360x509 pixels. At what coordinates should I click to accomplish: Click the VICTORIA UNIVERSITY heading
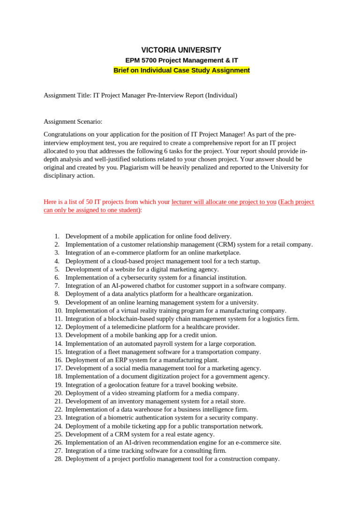tap(181, 50)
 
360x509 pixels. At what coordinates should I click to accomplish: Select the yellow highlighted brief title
tap(181, 70)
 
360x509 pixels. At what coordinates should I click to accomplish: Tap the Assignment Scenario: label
tap(73, 121)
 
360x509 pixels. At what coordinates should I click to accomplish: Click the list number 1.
tap(57, 236)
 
